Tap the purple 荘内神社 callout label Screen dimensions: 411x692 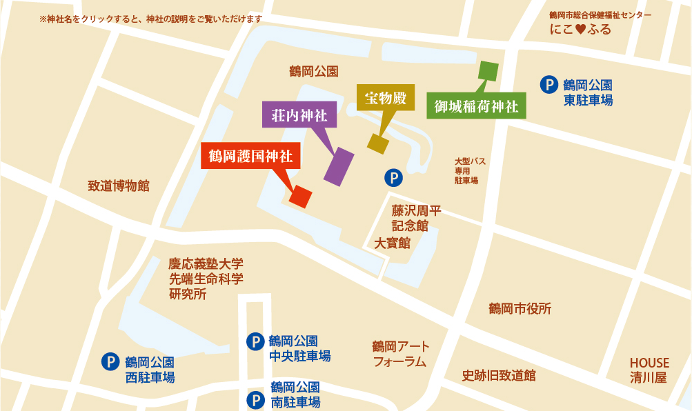pos(299,114)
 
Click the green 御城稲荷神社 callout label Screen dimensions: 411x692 pos(476,106)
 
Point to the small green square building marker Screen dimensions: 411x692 pos(488,71)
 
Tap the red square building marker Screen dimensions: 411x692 pos(301,197)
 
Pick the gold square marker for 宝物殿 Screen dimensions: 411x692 pos(378,143)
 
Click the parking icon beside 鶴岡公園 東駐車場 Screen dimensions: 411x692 pos(548,85)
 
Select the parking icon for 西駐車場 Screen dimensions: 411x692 pos(110,361)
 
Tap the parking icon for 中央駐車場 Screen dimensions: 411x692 pos(255,341)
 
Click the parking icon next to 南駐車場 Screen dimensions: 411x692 pos(255,399)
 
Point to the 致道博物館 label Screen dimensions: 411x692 pos(119,186)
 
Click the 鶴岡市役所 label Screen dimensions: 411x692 pos(520,308)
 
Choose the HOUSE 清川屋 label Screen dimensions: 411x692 pos(649,370)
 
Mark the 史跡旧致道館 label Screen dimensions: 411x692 pos(498,375)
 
